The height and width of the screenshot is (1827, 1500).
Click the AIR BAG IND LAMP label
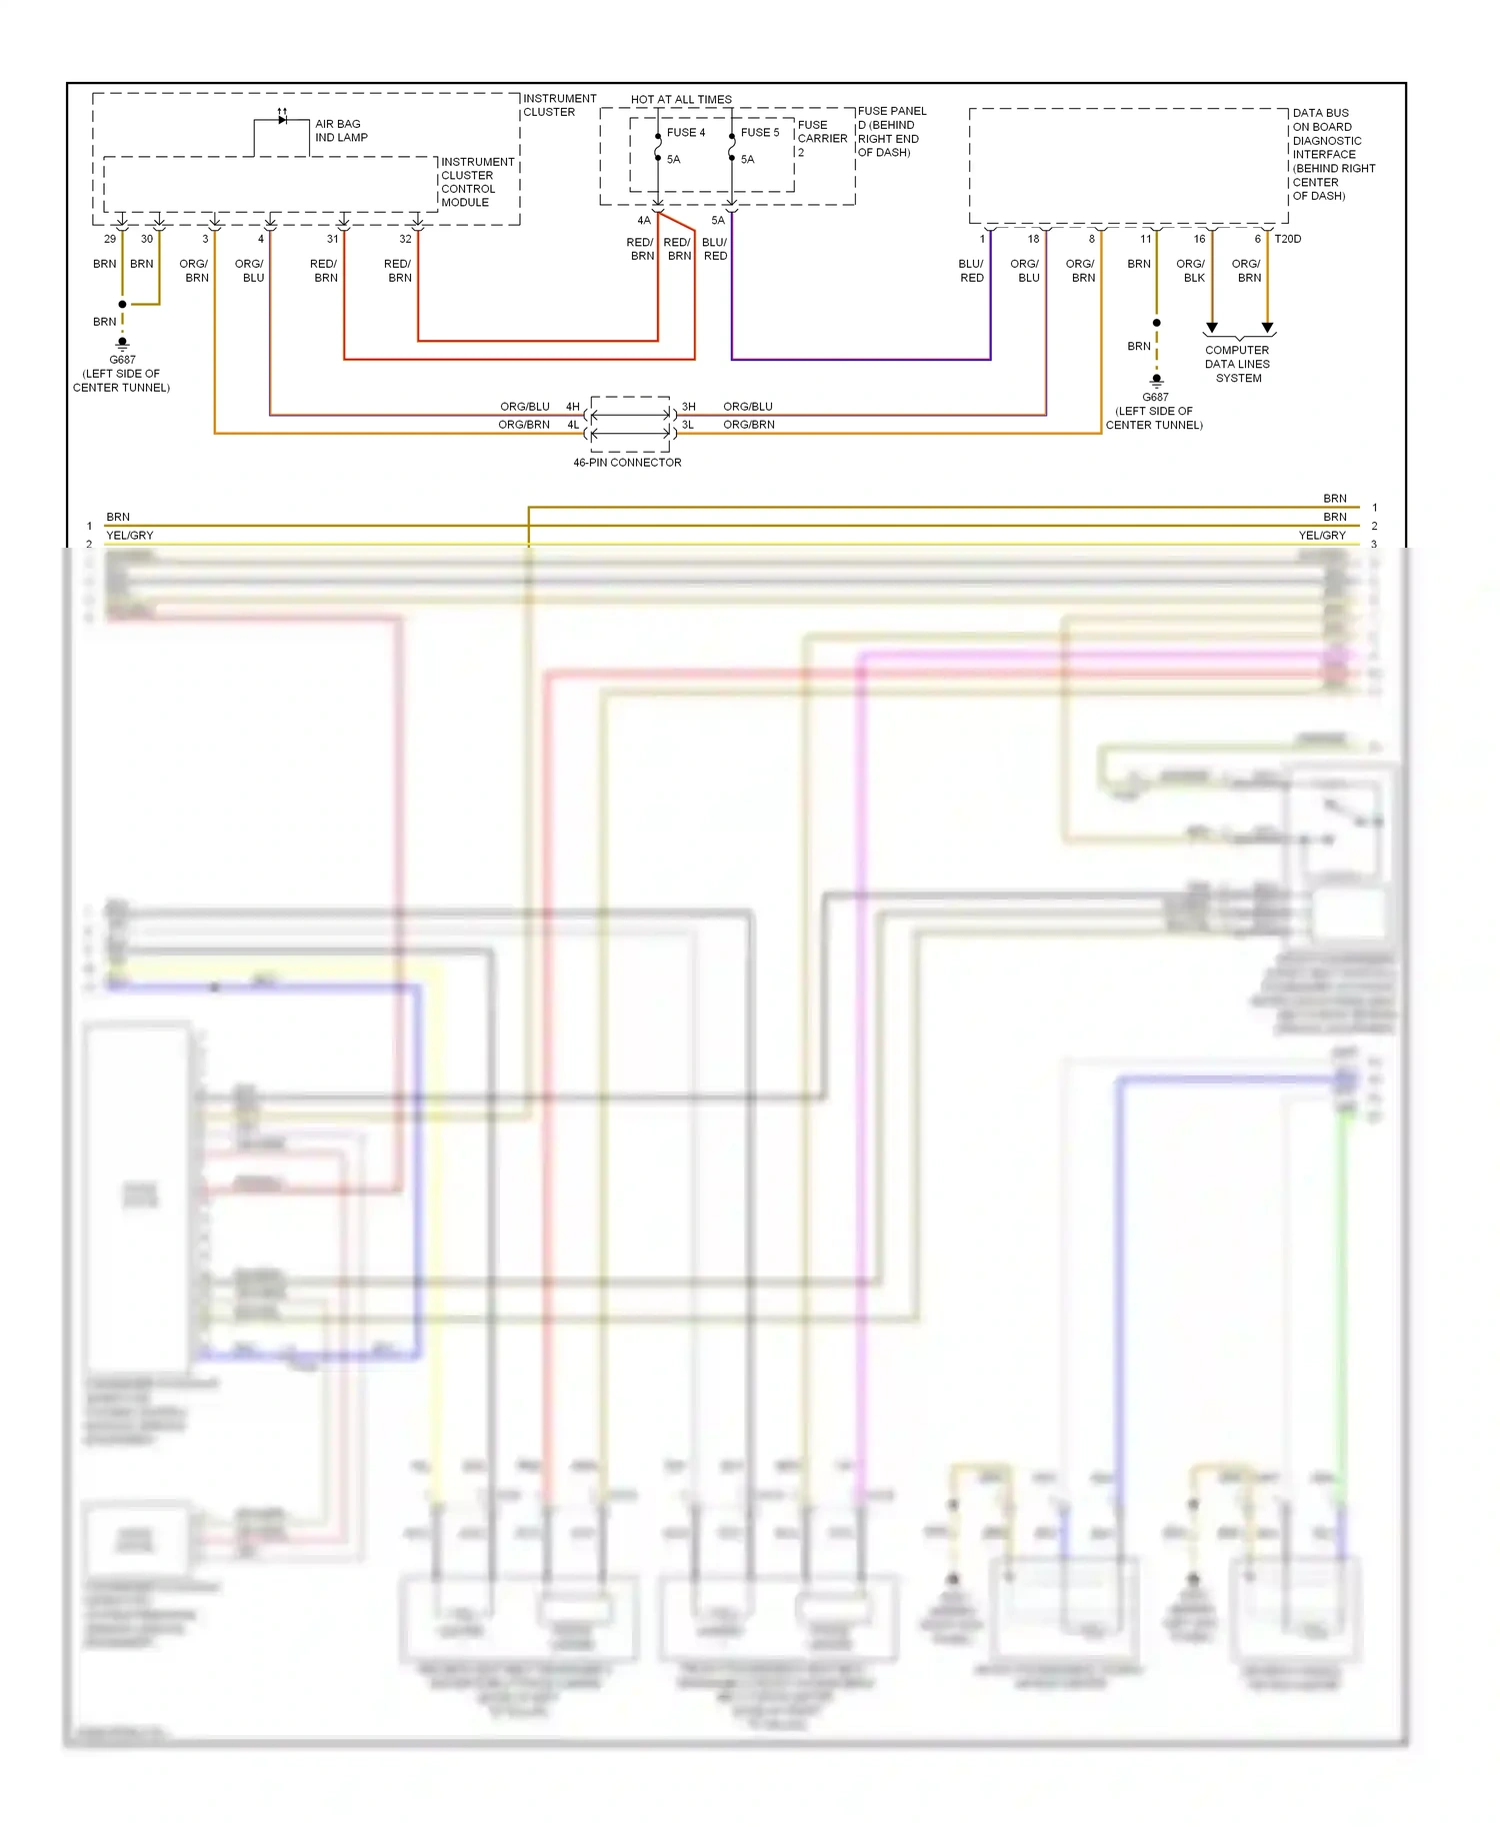point(340,131)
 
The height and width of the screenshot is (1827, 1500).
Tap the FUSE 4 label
point(686,132)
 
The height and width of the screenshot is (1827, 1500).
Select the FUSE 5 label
point(760,132)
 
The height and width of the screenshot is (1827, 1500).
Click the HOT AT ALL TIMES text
point(681,99)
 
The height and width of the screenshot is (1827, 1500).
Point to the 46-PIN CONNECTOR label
point(627,463)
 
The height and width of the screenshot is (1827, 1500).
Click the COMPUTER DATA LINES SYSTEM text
point(1237,364)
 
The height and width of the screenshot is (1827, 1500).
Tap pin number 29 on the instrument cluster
point(110,239)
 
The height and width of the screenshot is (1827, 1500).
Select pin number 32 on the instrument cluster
point(405,239)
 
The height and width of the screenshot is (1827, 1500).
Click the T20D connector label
point(1288,239)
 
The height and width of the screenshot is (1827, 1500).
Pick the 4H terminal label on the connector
point(573,407)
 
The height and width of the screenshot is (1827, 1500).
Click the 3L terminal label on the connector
point(688,425)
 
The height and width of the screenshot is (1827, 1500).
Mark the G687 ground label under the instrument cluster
point(122,360)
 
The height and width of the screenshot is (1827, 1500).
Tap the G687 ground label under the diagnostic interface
point(1155,397)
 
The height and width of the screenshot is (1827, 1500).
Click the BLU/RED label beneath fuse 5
point(715,249)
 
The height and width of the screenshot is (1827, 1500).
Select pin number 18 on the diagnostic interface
point(1033,239)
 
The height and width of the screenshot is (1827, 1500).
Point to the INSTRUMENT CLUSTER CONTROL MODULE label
point(477,182)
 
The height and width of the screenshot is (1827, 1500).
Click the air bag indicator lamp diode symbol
point(282,120)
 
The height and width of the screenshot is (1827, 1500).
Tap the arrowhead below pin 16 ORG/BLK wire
point(1212,328)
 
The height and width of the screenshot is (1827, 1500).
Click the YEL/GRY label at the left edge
point(130,536)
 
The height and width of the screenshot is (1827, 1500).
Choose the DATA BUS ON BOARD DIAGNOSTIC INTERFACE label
point(1333,154)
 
